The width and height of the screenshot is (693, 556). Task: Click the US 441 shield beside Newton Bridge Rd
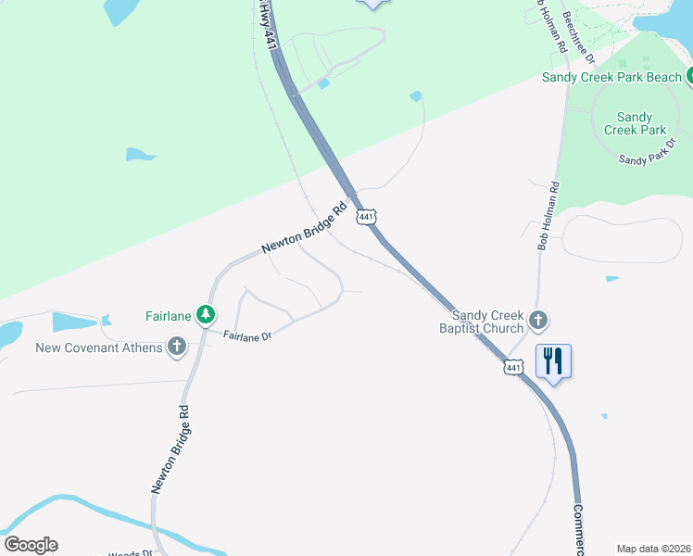click(367, 217)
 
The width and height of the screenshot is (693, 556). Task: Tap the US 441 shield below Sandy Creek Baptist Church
click(513, 368)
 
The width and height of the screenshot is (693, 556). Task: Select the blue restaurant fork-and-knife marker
click(553, 360)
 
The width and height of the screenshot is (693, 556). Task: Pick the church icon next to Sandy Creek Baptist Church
click(539, 322)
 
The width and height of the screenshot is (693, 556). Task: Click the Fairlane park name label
click(168, 316)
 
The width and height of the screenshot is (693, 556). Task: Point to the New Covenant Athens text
click(98, 348)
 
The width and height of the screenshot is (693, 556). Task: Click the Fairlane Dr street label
click(247, 336)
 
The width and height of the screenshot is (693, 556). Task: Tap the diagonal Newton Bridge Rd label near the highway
click(304, 229)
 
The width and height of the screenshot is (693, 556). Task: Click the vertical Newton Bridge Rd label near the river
click(170, 449)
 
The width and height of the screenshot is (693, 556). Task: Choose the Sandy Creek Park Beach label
click(611, 77)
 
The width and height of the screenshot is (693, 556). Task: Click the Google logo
click(31, 545)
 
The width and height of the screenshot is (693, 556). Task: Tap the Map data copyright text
click(652, 549)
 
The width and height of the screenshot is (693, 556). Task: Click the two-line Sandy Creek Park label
click(634, 123)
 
